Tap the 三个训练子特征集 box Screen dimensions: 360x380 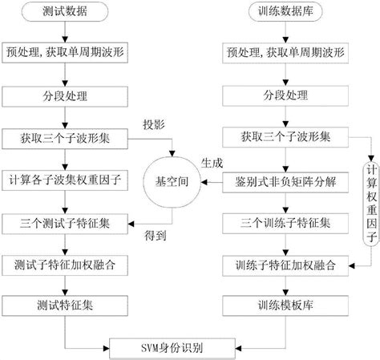(x=285, y=220)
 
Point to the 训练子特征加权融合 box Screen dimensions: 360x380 (x=285, y=262)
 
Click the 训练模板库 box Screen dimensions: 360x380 (x=285, y=305)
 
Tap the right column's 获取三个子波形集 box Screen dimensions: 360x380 (x=285, y=137)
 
